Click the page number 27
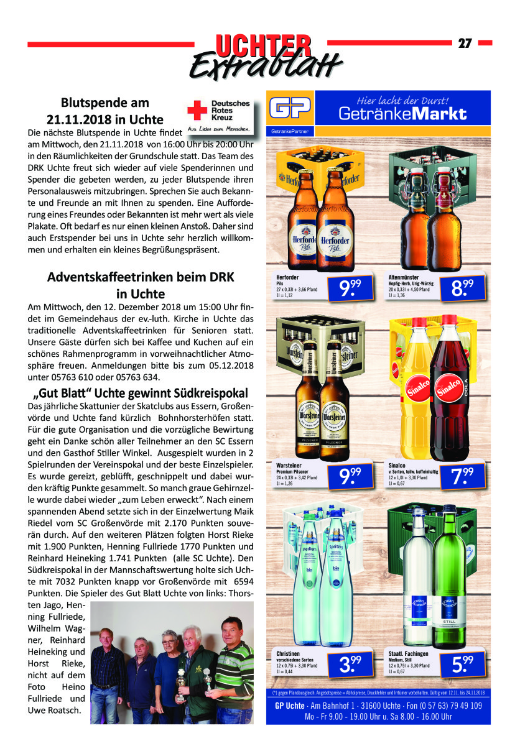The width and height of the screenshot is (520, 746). tap(465, 44)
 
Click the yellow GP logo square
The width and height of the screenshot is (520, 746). tap(290, 109)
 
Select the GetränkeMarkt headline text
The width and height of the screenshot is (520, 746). tap(402, 114)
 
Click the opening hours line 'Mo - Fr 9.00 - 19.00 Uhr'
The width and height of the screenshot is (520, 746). tap(378, 717)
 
